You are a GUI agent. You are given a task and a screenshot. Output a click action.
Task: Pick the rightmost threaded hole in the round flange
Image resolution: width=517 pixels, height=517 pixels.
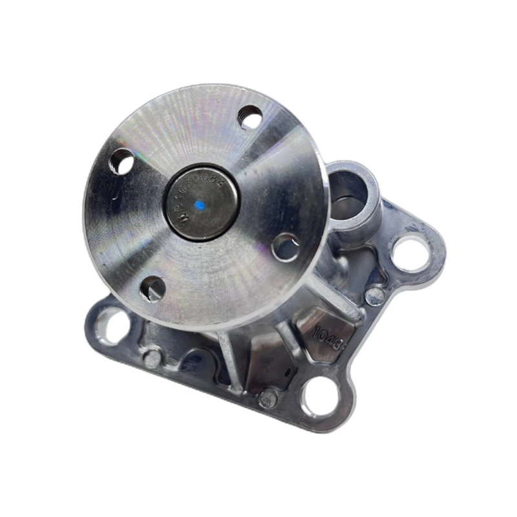point(285,247)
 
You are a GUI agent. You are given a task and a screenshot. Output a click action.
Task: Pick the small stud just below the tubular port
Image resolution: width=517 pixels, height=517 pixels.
point(375,296)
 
